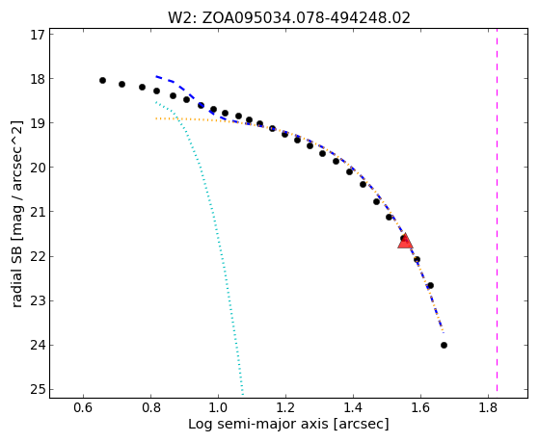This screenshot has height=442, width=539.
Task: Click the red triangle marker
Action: click(x=405, y=241)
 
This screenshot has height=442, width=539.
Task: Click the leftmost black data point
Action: click(x=102, y=80)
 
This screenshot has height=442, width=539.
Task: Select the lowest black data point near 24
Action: click(x=444, y=345)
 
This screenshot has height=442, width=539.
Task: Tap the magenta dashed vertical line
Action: click(x=498, y=210)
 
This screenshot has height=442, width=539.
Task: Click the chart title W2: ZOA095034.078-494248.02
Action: click(x=289, y=18)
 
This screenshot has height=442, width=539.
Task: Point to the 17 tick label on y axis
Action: click(x=38, y=35)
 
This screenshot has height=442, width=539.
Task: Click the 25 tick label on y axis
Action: click(x=38, y=389)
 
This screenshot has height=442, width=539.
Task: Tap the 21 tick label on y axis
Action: click(x=38, y=212)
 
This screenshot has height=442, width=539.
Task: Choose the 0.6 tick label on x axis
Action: click(x=83, y=407)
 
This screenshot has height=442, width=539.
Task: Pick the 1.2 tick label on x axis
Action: click(x=285, y=407)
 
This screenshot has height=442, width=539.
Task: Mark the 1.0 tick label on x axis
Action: click(x=218, y=407)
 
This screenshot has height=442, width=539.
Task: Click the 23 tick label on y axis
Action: click(x=38, y=300)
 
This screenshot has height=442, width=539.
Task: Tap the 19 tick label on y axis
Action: click(x=38, y=123)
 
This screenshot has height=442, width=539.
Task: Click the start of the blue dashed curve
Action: click(x=156, y=76)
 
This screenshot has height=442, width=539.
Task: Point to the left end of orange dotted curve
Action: click(x=156, y=118)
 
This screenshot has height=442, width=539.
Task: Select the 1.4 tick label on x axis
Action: click(x=353, y=407)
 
